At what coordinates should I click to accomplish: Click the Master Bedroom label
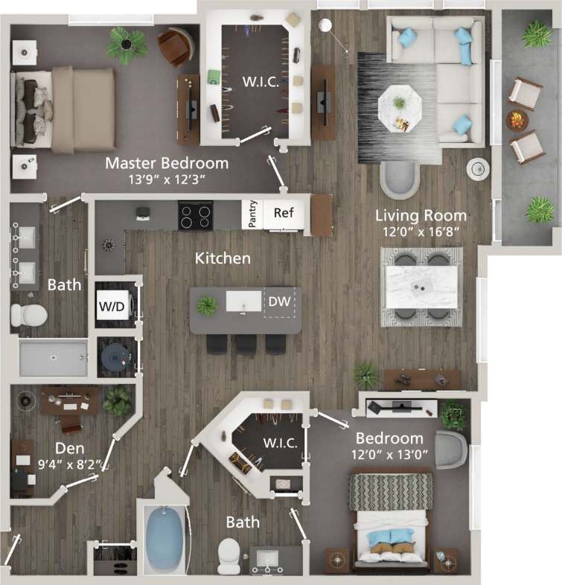point(166,162)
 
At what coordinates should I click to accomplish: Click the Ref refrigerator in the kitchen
point(284,213)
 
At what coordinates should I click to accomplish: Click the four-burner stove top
point(195,214)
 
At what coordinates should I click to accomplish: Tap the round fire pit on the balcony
point(517,118)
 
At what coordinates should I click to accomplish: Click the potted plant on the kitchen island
point(208,304)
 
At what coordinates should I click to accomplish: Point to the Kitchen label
point(223,258)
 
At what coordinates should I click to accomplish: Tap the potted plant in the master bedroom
point(126,43)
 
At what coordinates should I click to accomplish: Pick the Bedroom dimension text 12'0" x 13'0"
point(389,454)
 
